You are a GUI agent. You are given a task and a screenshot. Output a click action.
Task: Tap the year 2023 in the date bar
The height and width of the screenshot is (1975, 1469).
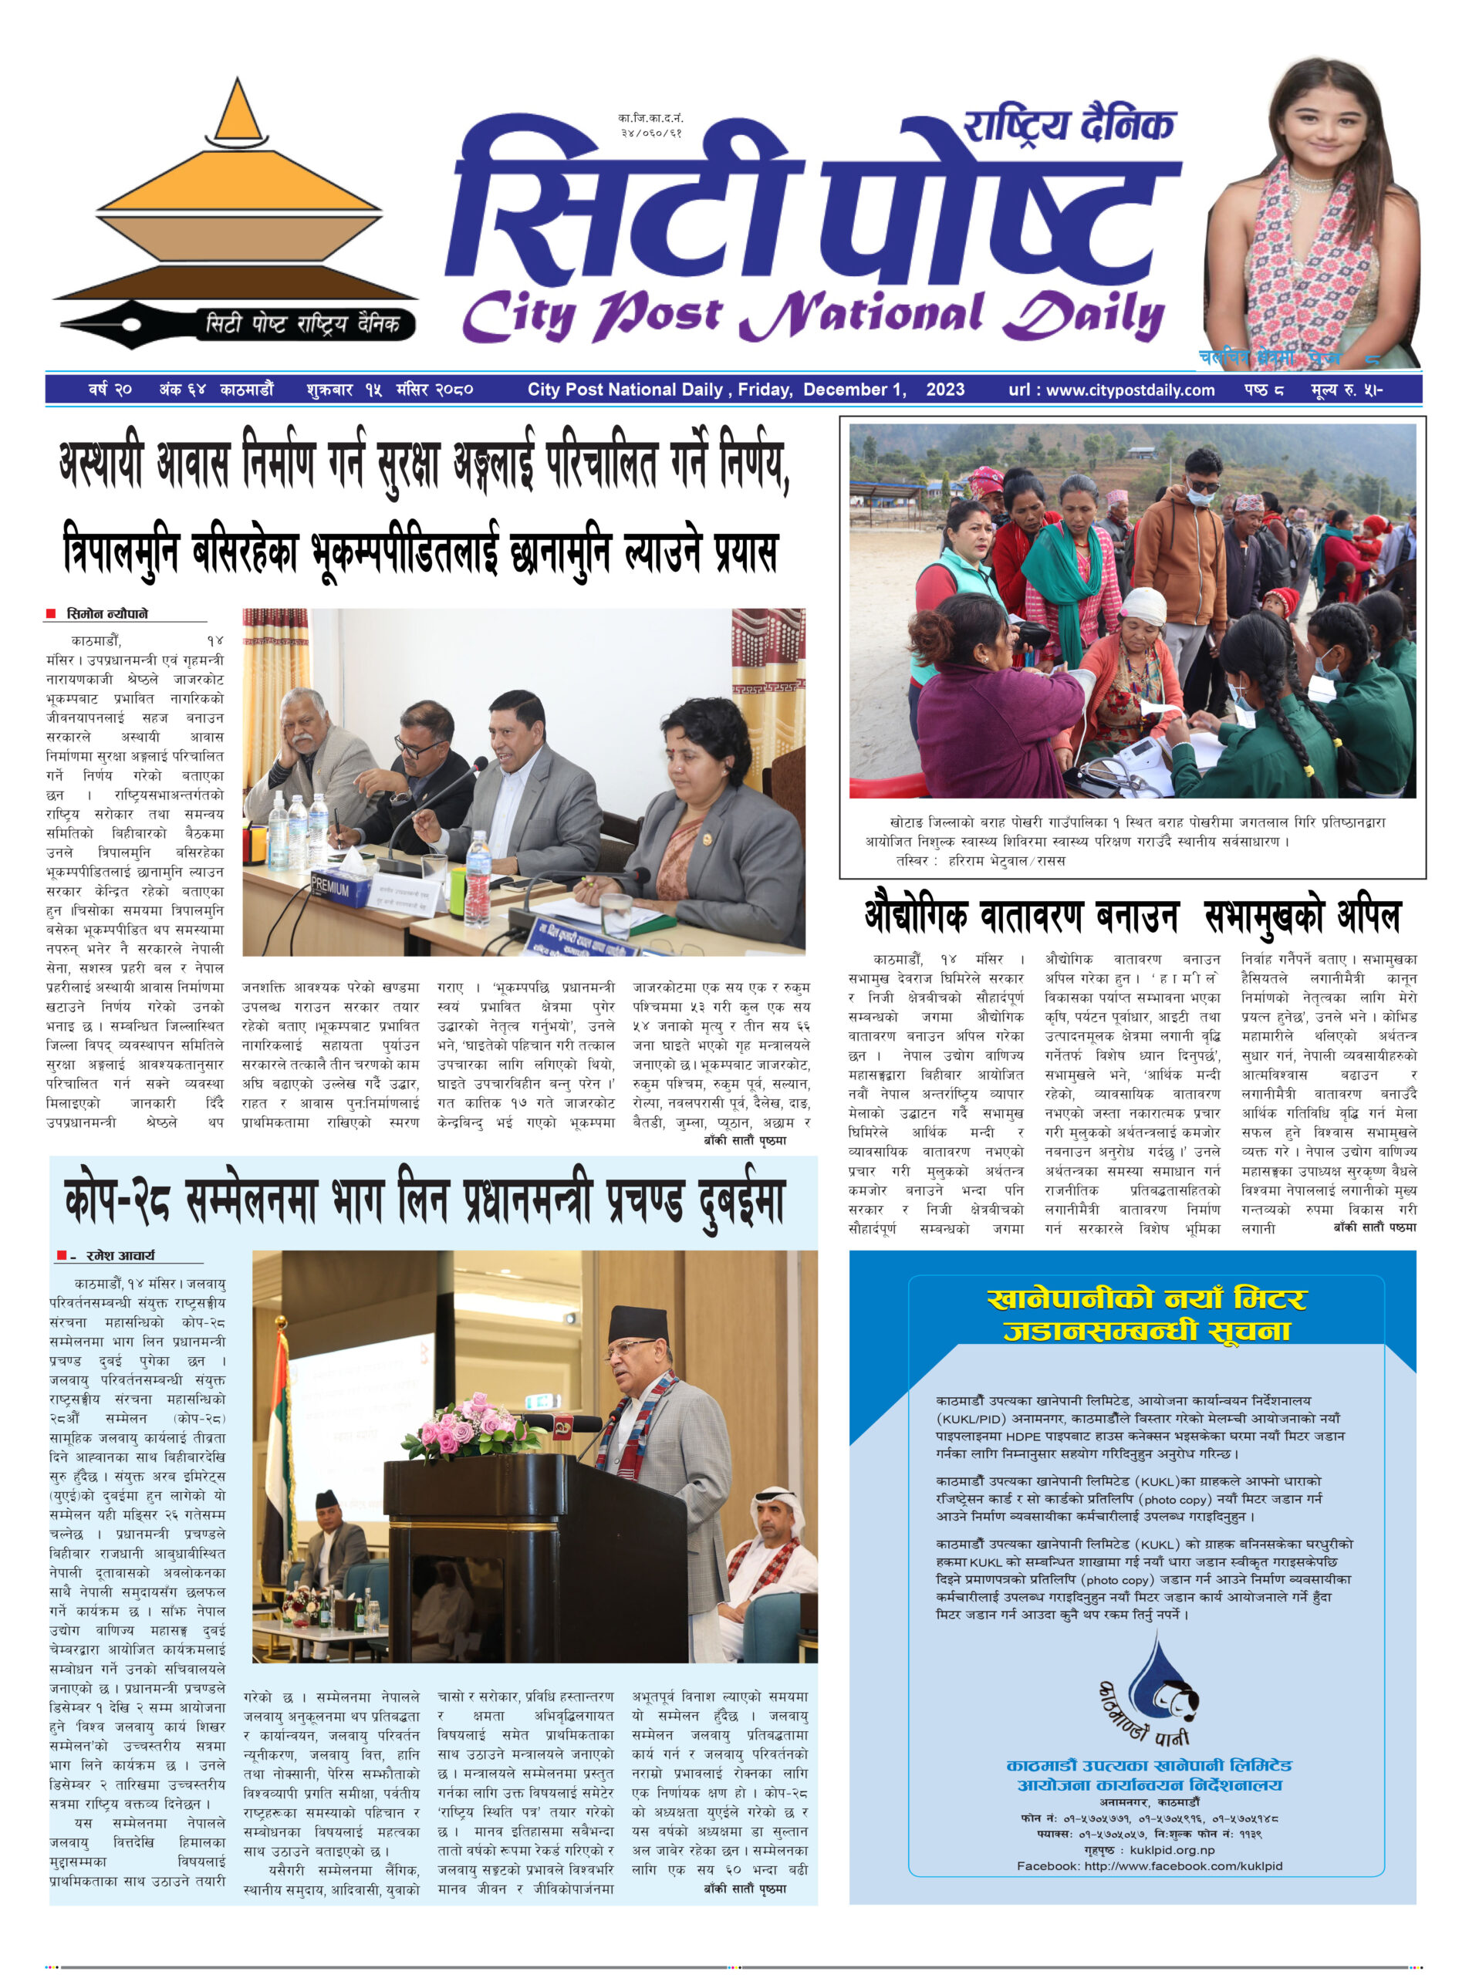(944, 390)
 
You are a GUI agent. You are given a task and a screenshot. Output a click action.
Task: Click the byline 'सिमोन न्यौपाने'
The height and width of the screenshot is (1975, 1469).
(106, 614)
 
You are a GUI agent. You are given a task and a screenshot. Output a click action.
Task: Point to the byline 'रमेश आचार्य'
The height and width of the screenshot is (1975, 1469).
(120, 1256)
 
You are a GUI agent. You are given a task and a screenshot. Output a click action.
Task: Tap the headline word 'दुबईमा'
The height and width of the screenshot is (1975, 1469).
(741, 1200)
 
